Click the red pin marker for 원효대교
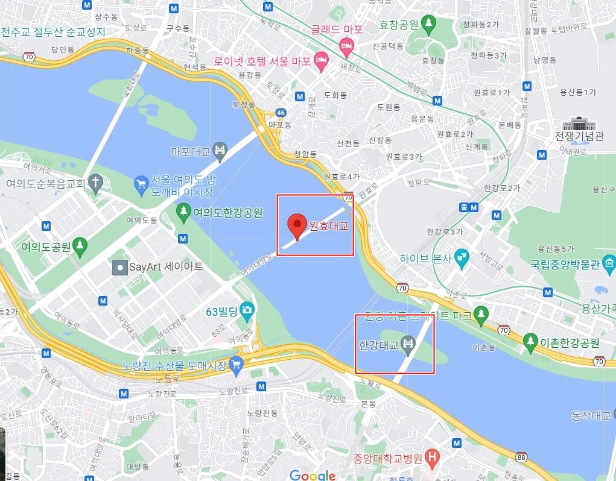point(296,225)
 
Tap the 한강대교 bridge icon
point(408,344)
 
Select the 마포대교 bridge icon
point(220,150)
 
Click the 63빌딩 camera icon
point(247,311)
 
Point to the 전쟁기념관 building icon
point(579,125)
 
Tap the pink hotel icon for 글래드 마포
point(346,44)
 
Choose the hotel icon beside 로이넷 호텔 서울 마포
point(322,59)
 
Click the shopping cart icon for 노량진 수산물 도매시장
point(236,363)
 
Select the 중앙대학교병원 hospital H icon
point(431,458)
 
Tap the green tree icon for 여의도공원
point(80,246)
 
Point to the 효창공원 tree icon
point(429,24)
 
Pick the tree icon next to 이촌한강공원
point(530,341)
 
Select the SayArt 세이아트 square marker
point(120,266)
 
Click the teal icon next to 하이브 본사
point(462,257)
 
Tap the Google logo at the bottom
point(313,475)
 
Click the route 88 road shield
point(521,459)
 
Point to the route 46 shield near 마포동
point(280,113)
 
